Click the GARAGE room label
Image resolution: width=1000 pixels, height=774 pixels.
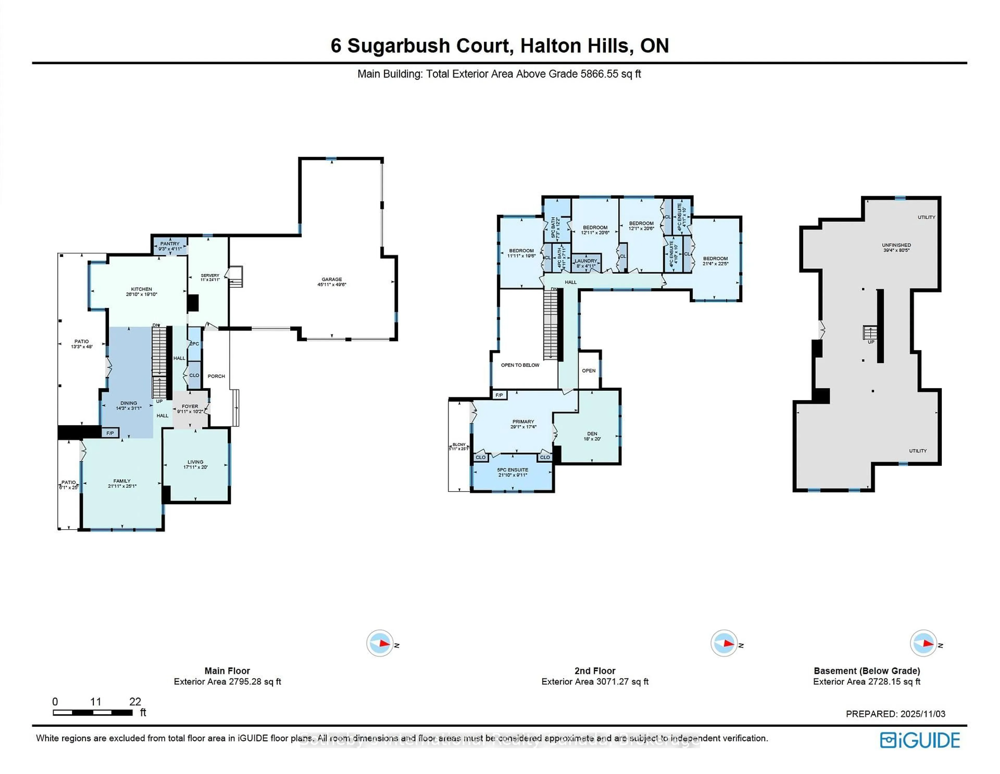pyautogui.click(x=332, y=279)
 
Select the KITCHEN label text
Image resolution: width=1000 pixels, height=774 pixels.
pyautogui.click(x=141, y=289)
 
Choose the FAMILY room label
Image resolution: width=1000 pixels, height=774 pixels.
pyautogui.click(x=122, y=481)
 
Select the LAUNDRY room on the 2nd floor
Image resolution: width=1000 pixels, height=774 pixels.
pyautogui.click(x=586, y=261)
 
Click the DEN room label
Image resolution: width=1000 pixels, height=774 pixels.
pyautogui.click(x=592, y=434)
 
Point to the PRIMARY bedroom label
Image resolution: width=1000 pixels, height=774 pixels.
pyautogui.click(x=523, y=422)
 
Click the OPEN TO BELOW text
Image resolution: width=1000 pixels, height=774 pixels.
pyautogui.click(x=520, y=365)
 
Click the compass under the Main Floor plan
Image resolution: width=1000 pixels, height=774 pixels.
pyautogui.click(x=380, y=644)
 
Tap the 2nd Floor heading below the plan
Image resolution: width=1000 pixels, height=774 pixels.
pyautogui.click(x=595, y=671)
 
